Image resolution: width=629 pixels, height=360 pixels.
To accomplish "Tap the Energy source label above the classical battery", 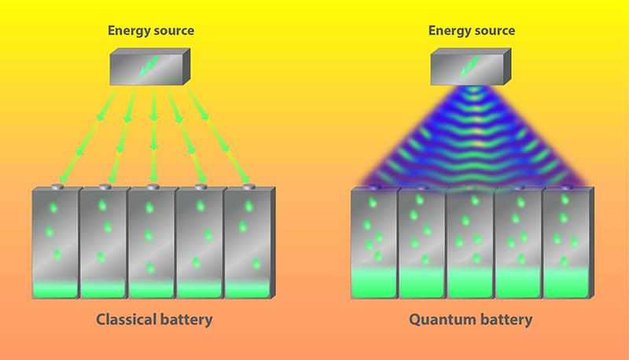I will [x=150, y=31].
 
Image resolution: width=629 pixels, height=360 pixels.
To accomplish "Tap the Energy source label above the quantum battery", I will [x=472, y=31].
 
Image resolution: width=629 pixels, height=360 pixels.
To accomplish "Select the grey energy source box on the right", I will [x=470, y=67].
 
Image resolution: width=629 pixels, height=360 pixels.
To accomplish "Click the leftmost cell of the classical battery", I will [x=55, y=244].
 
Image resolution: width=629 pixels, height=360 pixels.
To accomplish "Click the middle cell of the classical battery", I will [x=151, y=244].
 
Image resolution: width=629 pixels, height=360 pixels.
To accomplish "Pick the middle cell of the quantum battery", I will [x=470, y=244].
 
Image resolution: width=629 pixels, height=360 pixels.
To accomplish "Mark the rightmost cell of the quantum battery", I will [x=566, y=244].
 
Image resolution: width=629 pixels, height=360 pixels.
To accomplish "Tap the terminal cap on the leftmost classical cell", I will [x=54, y=187].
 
